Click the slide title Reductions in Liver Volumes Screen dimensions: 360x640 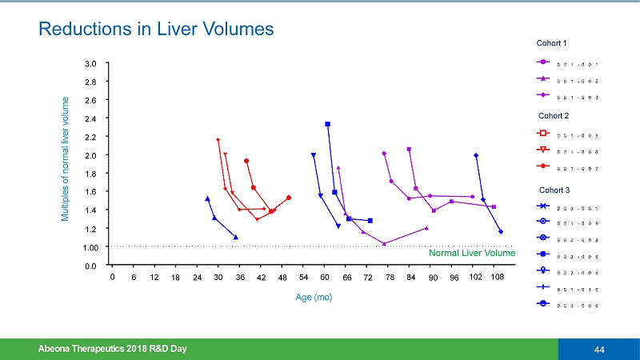157,30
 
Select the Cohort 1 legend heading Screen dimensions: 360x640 552,42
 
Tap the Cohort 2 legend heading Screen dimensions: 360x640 552,116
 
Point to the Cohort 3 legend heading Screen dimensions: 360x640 552,190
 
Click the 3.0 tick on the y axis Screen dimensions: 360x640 90,63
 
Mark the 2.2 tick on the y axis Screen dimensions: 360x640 90,137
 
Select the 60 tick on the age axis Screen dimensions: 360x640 325,277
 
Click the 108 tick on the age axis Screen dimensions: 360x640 497,277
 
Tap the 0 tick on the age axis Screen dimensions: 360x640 112,277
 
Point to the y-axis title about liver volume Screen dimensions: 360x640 66,159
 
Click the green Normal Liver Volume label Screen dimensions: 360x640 472,254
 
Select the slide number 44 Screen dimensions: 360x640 598,349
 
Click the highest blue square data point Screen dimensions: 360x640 328,124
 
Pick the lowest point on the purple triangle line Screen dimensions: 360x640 385,243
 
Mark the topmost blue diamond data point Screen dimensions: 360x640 476,155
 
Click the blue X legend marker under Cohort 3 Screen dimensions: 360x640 543,207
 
